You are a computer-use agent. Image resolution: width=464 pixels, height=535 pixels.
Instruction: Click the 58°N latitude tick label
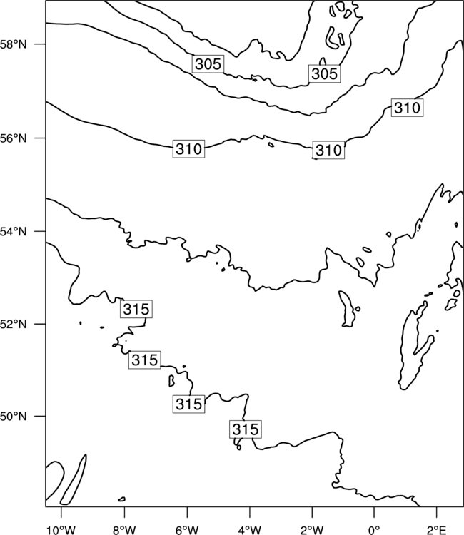[x=13, y=44]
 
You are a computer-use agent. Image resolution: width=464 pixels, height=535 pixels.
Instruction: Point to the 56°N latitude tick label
[x=13, y=138]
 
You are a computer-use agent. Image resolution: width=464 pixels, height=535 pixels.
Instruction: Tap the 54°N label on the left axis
[x=13, y=232]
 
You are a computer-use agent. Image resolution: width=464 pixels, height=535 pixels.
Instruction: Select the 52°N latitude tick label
[x=13, y=324]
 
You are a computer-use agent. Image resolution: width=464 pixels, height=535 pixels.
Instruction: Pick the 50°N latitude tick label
[x=13, y=417]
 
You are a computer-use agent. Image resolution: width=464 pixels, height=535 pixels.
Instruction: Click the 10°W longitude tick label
[x=61, y=530]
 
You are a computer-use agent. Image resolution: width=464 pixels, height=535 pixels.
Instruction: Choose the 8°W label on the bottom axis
[x=124, y=530]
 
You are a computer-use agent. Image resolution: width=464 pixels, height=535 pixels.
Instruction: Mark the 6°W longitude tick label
[x=187, y=530]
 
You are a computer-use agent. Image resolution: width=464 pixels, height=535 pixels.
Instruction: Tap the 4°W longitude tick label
[x=250, y=530]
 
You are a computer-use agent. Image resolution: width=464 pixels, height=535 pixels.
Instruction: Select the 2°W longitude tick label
[x=312, y=530]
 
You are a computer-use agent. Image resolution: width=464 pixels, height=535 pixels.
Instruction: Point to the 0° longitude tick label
[x=374, y=530]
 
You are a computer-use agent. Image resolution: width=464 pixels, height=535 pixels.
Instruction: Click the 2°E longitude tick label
[x=437, y=530]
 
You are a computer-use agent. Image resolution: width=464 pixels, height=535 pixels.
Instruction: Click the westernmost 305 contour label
[x=208, y=63]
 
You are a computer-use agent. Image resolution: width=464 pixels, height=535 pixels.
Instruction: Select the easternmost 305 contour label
[x=324, y=73]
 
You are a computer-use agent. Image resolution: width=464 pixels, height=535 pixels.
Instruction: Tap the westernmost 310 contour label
[x=188, y=149]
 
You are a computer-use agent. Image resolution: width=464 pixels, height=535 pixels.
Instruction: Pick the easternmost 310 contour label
[x=407, y=108]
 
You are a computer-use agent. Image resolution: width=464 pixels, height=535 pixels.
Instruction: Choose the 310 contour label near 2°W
[x=328, y=150]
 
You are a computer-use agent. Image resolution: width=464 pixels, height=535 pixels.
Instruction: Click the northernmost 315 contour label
[x=136, y=309]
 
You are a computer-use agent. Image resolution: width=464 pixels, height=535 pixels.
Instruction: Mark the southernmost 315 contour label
[x=246, y=429]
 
